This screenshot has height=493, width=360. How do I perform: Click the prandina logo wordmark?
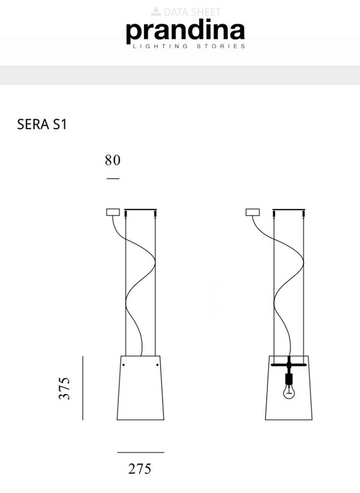click(185, 31)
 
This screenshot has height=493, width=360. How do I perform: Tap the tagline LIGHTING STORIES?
click(188, 46)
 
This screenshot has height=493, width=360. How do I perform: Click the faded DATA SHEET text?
click(192, 12)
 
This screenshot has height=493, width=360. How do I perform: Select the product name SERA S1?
click(42, 125)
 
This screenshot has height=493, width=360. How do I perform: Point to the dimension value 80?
click(113, 159)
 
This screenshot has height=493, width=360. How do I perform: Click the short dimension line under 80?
click(113, 177)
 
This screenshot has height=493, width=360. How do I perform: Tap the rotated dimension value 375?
click(64, 388)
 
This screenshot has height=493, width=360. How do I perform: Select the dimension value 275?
click(139, 469)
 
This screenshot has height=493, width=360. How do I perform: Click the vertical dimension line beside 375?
click(82, 388)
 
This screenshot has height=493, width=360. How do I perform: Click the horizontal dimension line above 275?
click(140, 453)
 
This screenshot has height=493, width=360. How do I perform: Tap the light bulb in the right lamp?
click(289, 390)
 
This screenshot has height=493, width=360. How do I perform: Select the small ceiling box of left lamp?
click(113, 212)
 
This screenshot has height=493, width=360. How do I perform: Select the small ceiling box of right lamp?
click(253, 212)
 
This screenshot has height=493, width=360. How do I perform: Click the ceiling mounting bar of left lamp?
click(140, 210)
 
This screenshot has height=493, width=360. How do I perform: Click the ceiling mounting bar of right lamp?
click(289, 210)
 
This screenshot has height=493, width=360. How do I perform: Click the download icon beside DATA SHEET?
click(156, 12)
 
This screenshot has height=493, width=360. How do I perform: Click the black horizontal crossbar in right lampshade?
click(289, 364)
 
